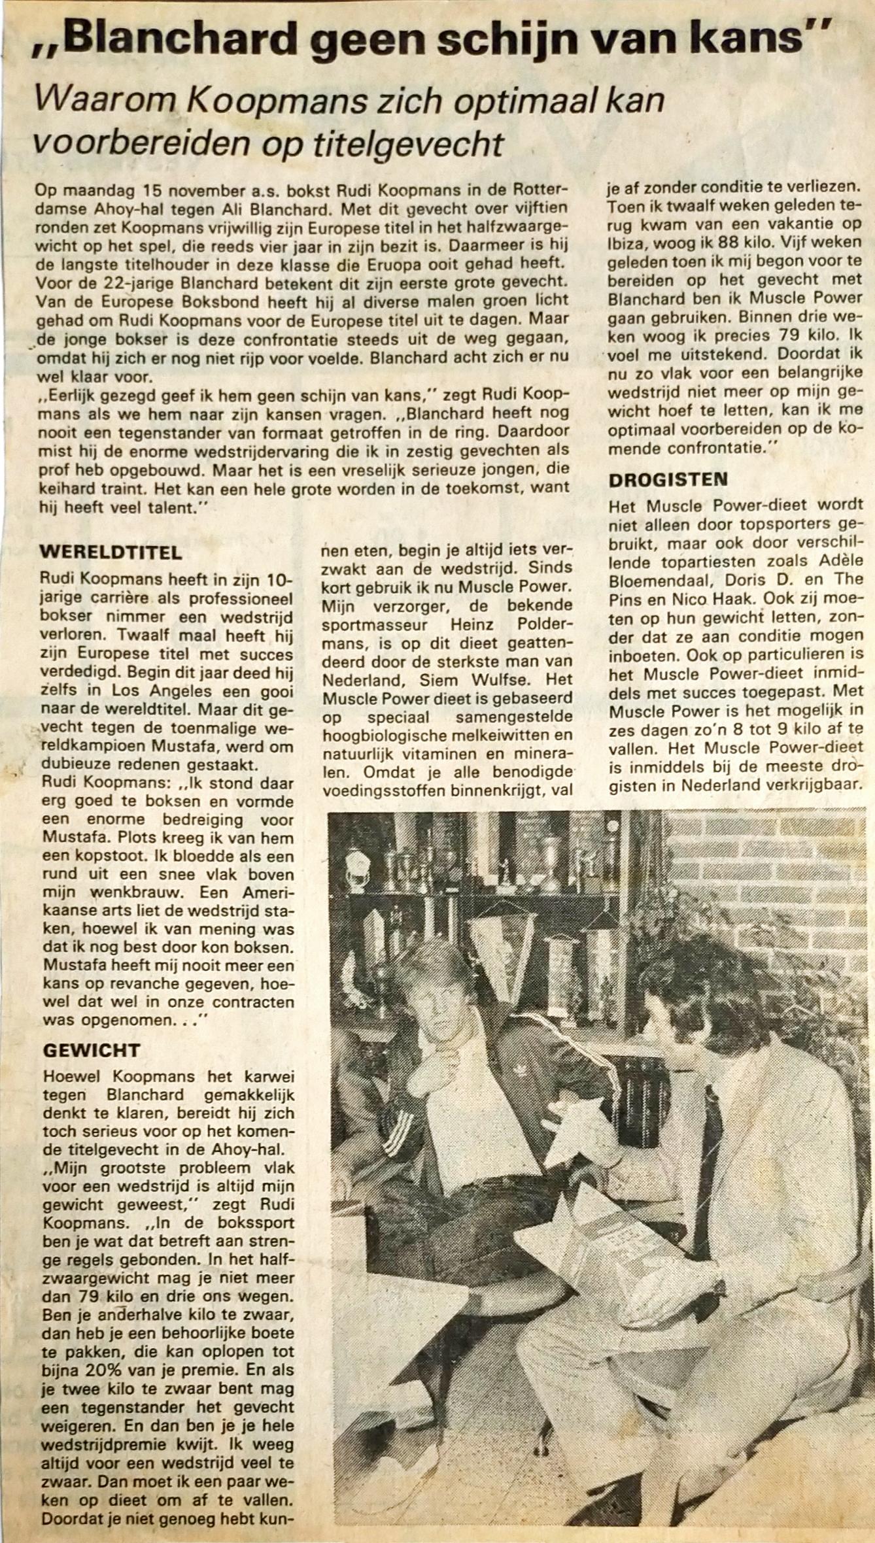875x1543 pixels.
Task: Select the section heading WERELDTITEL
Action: (111, 552)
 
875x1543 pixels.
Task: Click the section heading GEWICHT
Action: (92, 1051)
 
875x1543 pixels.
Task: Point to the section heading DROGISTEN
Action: (668, 479)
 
